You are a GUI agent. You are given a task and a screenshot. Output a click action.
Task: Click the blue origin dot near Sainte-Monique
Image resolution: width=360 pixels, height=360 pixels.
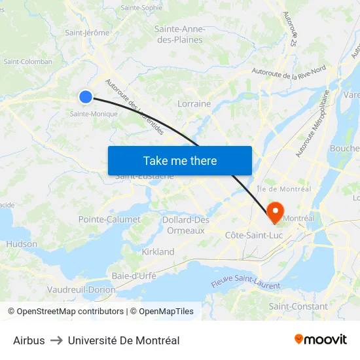pyautogui.click(x=86, y=97)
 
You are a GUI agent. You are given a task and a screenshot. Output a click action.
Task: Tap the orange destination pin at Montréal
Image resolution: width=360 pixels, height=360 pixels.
pyautogui.click(x=275, y=211)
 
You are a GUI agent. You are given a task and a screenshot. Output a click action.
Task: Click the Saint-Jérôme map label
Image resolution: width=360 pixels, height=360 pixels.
pyautogui.click(x=86, y=33)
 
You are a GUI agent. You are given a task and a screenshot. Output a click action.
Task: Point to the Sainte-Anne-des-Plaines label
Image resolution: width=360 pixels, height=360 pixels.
pyautogui.click(x=179, y=34)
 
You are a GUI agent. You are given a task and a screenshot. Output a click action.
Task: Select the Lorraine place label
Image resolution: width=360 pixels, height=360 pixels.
pyautogui.click(x=194, y=103)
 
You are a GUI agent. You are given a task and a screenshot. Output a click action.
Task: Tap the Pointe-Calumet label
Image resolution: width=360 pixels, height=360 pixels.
pyautogui.click(x=109, y=219)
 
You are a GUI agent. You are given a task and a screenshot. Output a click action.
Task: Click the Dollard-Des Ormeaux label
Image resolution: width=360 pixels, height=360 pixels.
pyautogui.click(x=186, y=225)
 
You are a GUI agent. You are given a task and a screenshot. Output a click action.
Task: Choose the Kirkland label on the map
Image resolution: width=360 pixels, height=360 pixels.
pyautogui.click(x=158, y=251)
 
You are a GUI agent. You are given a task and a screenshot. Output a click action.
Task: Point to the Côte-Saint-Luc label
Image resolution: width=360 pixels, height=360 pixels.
pyautogui.click(x=253, y=234)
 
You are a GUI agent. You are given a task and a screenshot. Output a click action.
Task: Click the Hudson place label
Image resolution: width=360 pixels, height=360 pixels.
pyautogui.click(x=22, y=243)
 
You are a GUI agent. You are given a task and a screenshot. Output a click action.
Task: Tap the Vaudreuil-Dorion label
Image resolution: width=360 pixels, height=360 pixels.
pyautogui.click(x=81, y=289)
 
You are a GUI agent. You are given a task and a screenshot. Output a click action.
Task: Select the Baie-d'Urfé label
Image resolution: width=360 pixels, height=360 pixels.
pyautogui.click(x=134, y=276)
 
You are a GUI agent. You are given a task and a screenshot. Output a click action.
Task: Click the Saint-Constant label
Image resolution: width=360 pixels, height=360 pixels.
pyautogui.click(x=298, y=306)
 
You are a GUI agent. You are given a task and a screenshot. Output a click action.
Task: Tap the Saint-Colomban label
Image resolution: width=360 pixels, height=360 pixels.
pyautogui.click(x=28, y=62)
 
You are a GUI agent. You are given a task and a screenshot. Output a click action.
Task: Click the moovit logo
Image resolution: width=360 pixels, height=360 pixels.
pyautogui.click(x=321, y=339)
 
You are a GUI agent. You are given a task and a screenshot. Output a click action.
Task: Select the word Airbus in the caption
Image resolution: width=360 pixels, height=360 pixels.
pyautogui.click(x=29, y=340)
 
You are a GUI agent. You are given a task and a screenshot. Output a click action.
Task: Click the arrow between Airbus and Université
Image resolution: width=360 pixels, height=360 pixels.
pyautogui.click(x=56, y=340)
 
